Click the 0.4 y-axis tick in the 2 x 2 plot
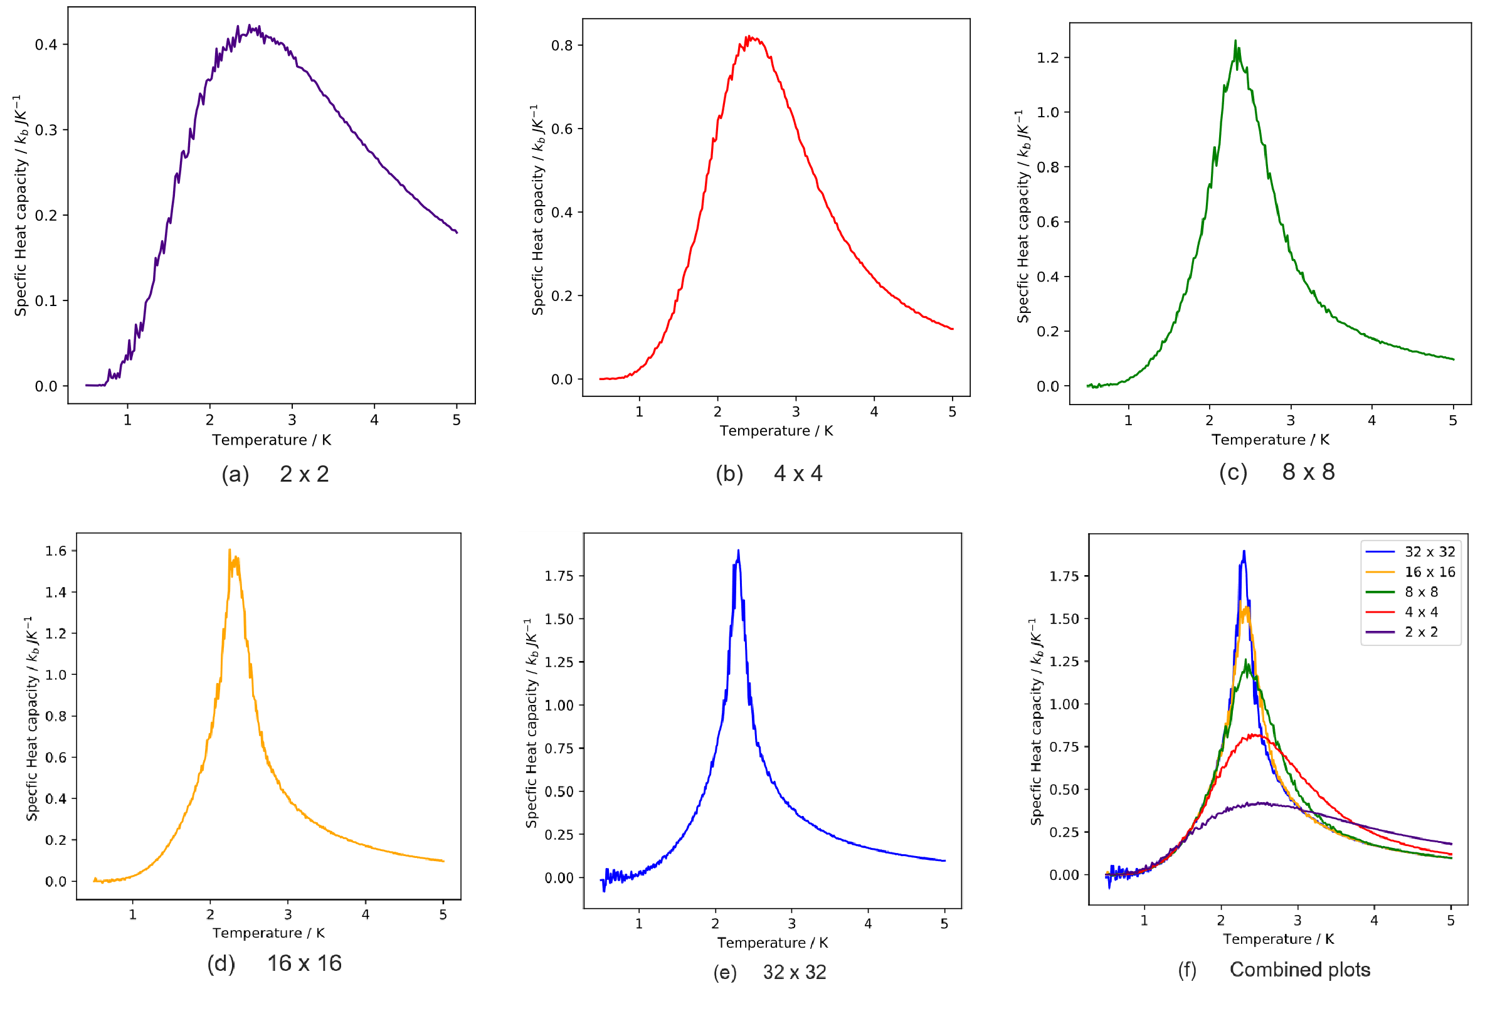(46, 45)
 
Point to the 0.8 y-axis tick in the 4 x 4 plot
(562, 46)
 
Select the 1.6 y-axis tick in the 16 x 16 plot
(56, 551)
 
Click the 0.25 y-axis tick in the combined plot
(1064, 832)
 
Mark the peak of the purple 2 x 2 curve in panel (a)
(250, 26)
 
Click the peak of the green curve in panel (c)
(1235, 41)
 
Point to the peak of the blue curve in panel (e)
(739, 550)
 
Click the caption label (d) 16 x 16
(275, 963)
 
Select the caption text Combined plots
(1299, 970)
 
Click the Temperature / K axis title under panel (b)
(776, 431)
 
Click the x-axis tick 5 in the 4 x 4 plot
(952, 412)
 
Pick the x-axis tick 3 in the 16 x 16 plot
(288, 914)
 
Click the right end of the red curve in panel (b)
(953, 329)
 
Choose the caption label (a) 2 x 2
(275, 474)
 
